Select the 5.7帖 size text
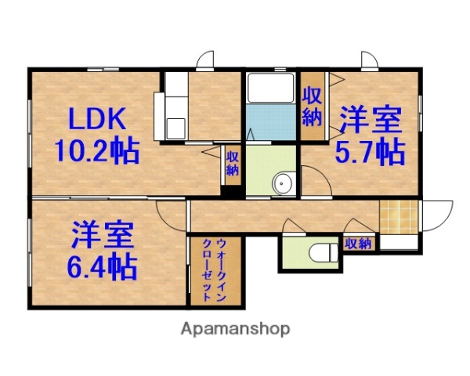click(370, 150)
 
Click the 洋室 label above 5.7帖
click(370, 121)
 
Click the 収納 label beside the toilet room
click(357, 244)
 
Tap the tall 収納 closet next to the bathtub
click(313, 107)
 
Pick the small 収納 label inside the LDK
click(233, 164)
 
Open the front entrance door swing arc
click(439, 215)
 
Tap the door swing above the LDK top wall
click(206, 61)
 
